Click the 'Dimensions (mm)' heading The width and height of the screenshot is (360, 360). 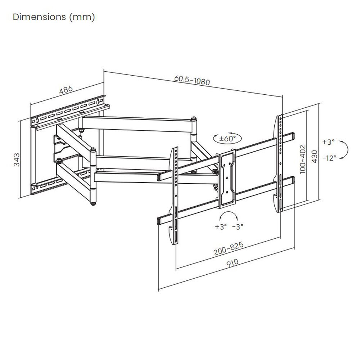[x=54, y=17]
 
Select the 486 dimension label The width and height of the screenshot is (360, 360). [x=66, y=90]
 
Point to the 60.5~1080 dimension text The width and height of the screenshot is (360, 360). [x=192, y=80]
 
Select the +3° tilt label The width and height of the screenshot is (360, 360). [x=328, y=142]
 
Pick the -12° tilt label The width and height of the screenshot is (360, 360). [x=329, y=157]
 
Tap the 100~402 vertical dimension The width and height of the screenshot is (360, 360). [x=302, y=159]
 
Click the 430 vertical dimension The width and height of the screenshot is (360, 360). [x=315, y=157]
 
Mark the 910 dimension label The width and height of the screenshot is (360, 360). [x=233, y=263]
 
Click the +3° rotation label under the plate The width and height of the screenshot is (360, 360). [x=221, y=227]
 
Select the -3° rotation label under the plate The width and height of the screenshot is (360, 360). [x=238, y=227]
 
